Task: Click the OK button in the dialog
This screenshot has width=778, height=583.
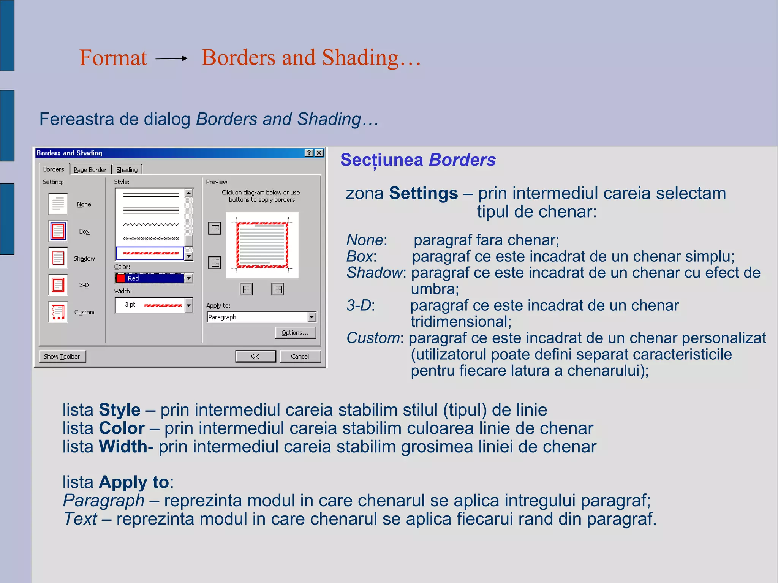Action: pyautogui.click(x=255, y=356)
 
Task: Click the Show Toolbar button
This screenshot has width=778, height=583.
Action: pyautogui.click(x=62, y=356)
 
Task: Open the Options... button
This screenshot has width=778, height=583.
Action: pyautogui.click(x=295, y=333)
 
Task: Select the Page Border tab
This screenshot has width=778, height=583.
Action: pyautogui.click(x=90, y=170)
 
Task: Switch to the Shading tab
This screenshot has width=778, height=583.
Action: pyautogui.click(x=127, y=170)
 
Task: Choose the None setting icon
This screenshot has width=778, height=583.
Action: pyautogui.click(x=58, y=204)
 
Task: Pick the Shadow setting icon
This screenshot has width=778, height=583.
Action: pyautogui.click(x=58, y=258)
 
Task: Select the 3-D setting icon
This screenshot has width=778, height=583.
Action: pyautogui.click(x=58, y=285)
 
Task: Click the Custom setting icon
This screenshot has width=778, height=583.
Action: pyautogui.click(x=58, y=312)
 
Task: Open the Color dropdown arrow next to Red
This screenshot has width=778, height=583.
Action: pyautogui.click(x=188, y=278)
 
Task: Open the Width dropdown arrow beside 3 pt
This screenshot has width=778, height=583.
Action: pyautogui.click(x=188, y=305)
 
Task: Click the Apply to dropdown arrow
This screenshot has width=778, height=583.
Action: pyautogui.click(x=312, y=317)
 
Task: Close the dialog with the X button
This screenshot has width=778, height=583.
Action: pyautogui.click(x=319, y=153)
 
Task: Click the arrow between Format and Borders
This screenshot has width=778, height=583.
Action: pyautogui.click(x=172, y=58)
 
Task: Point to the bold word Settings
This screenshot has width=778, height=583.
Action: pyautogui.click(x=423, y=193)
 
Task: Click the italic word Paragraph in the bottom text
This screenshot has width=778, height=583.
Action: pyautogui.click(x=104, y=500)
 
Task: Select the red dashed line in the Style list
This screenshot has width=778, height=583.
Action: pyautogui.click(x=150, y=253)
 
